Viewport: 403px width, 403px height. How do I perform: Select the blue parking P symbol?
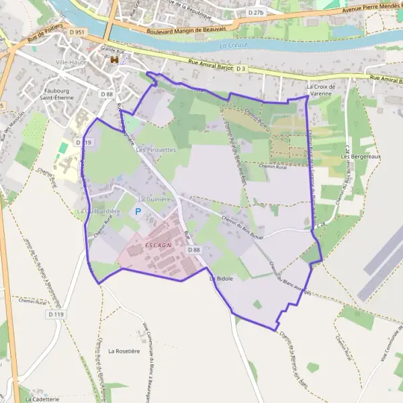tap(138, 212)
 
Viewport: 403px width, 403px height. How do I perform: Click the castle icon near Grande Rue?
tap(115, 60)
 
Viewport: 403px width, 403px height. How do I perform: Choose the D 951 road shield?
tap(77, 32)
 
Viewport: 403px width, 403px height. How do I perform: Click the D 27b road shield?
tap(256, 13)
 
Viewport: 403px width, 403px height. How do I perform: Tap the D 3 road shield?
tap(242, 69)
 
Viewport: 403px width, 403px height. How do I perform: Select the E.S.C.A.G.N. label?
tap(159, 246)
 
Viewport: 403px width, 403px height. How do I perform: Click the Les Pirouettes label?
tap(155, 150)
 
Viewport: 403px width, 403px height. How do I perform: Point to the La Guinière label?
tap(152, 199)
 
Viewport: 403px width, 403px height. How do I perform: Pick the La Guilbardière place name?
tap(98, 212)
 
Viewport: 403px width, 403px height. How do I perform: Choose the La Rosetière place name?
tap(123, 351)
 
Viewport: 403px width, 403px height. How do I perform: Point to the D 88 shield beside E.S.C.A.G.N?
tap(194, 250)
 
